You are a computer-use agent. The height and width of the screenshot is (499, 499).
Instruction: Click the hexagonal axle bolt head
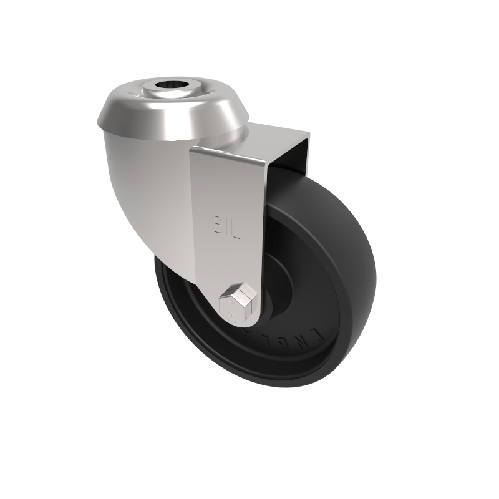(x=238, y=301)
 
